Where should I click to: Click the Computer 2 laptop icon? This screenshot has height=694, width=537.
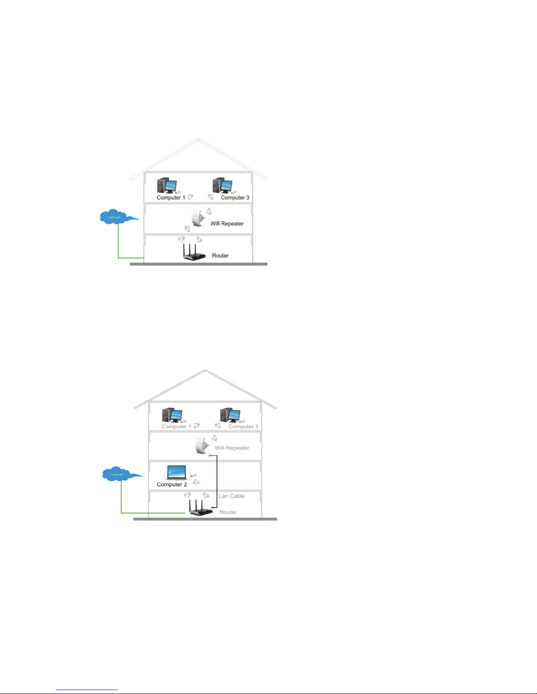pos(177,473)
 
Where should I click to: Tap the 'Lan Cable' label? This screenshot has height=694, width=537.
pos(231,496)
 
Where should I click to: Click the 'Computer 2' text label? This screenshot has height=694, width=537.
pos(172,485)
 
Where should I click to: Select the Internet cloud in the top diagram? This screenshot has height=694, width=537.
pos(114,217)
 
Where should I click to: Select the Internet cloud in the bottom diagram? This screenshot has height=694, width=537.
pos(117,474)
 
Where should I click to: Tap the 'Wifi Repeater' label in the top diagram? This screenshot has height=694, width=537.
pos(227,224)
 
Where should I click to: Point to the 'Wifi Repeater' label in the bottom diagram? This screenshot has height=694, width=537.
pos(232,448)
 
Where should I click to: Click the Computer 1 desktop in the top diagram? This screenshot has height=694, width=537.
pos(167,186)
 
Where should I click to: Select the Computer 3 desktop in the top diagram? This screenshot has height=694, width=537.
pos(222,186)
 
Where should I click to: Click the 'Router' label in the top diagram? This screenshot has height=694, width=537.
pos(220,256)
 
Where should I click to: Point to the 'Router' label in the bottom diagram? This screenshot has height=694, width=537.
pos(228,512)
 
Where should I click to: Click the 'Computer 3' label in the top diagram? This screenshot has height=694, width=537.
pos(235,198)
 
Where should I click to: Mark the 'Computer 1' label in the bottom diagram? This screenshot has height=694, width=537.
pos(176,426)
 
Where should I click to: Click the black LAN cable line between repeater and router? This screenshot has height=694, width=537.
pos(217,482)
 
